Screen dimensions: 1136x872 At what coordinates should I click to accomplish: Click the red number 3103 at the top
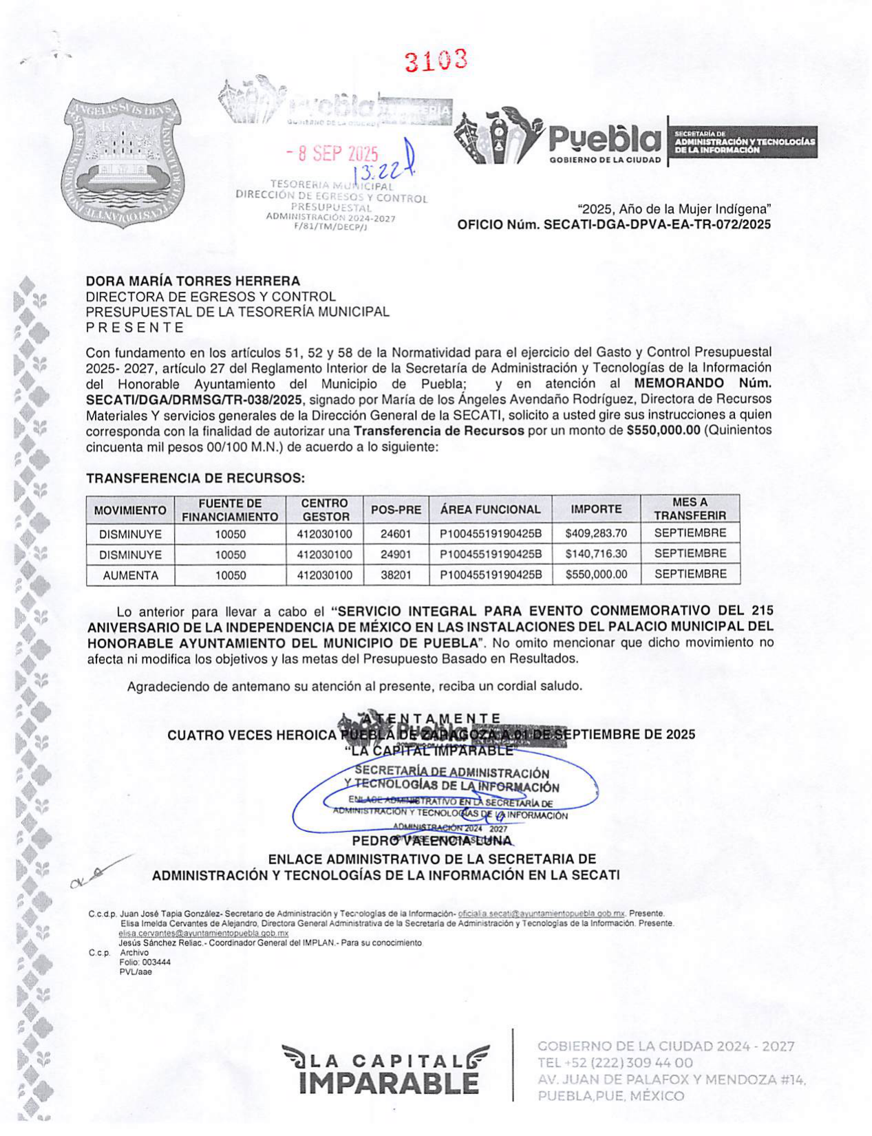pyautogui.click(x=436, y=61)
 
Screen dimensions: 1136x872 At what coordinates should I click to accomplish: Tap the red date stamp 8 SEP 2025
pyautogui.click(x=332, y=153)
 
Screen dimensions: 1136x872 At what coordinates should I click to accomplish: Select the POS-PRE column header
pyautogui.click(x=396, y=510)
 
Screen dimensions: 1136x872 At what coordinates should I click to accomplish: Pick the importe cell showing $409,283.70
pyautogui.click(x=596, y=533)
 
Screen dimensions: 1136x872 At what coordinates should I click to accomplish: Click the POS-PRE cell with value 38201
pyautogui.click(x=396, y=575)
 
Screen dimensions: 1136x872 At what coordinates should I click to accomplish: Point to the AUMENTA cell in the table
pyautogui.click(x=130, y=575)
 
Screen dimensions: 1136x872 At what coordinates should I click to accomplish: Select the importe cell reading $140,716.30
pyautogui.click(x=596, y=554)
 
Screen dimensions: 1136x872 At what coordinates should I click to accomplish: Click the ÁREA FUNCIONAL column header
pyautogui.click(x=490, y=510)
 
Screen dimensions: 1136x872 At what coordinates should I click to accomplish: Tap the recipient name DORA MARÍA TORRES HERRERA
pyautogui.click(x=193, y=281)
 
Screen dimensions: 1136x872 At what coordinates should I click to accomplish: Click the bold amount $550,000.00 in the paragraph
pyautogui.click(x=663, y=431)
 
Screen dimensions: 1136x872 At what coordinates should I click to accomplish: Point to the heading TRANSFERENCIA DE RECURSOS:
pyautogui.click(x=195, y=478)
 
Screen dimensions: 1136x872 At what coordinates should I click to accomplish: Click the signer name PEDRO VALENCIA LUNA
pyautogui.click(x=432, y=841)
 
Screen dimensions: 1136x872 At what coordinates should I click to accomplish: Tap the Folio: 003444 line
pyautogui.click(x=145, y=962)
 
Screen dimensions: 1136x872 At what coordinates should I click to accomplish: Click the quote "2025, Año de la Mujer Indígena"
pyautogui.click(x=674, y=208)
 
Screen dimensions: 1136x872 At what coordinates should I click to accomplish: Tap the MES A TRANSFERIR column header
pyautogui.click(x=690, y=509)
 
